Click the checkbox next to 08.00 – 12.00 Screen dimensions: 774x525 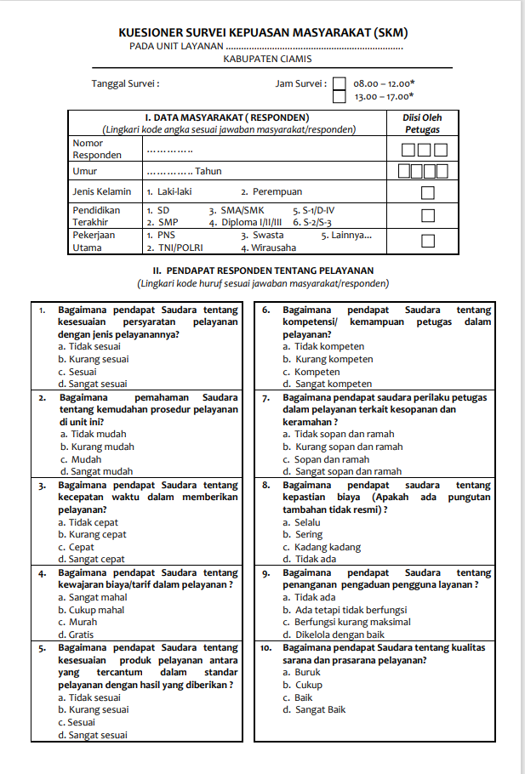click(340, 84)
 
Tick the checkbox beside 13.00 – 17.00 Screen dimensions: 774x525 click(340, 97)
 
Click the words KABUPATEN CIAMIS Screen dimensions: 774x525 click(267, 60)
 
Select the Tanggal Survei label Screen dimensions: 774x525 click(125, 84)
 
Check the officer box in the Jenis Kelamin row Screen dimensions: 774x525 click(428, 192)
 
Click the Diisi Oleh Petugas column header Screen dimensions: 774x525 click(421, 123)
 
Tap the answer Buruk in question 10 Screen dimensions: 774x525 click(307, 672)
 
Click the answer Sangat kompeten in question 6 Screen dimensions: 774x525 click(333, 384)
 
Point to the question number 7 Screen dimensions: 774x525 click(266, 397)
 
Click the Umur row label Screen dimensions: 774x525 click(85, 171)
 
